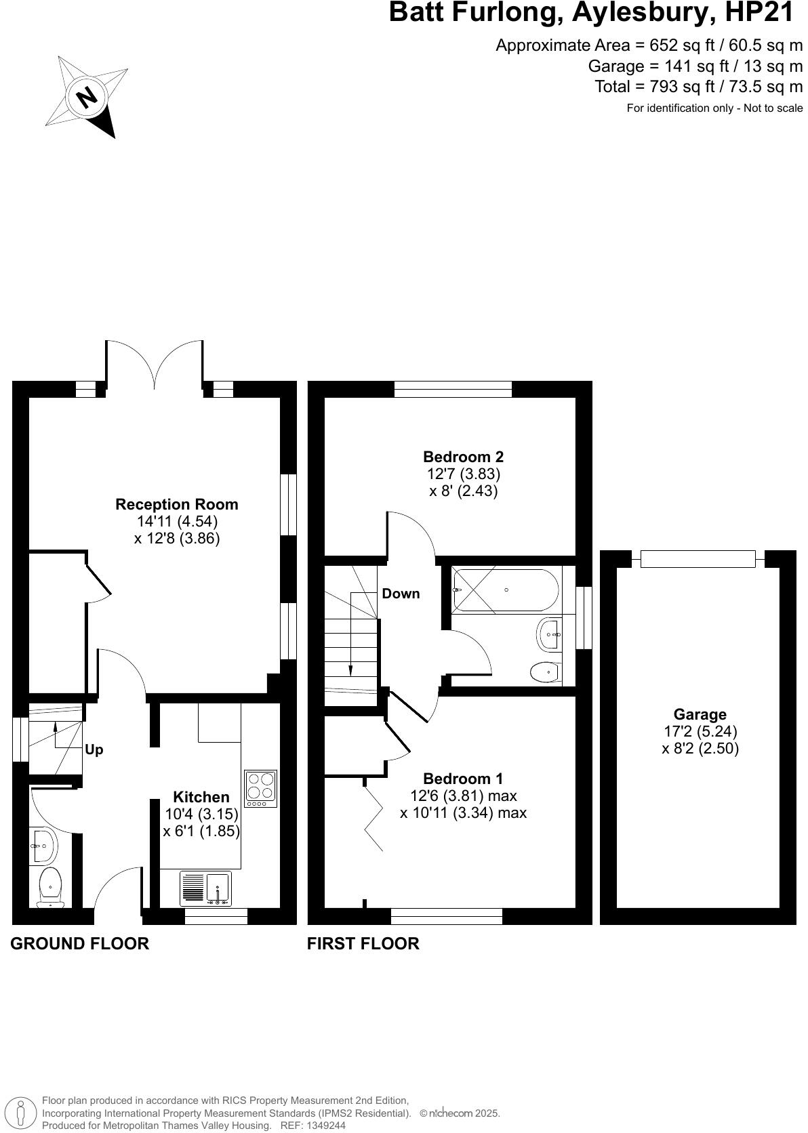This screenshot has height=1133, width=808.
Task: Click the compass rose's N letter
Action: [x=87, y=98]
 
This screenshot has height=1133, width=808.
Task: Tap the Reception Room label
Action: [x=177, y=504]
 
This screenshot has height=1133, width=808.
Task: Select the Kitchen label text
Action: [x=201, y=797]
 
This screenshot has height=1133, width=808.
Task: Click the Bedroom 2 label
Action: [x=464, y=457]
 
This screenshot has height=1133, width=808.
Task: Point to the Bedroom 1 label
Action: [x=463, y=779]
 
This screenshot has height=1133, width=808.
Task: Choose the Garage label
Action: [x=700, y=714]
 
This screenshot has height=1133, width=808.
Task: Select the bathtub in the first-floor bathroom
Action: [x=506, y=590]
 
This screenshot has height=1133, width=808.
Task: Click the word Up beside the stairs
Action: [x=94, y=750]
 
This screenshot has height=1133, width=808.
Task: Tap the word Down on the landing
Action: [x=401, y=594]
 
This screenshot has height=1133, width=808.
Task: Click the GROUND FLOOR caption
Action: [x=79, y=943]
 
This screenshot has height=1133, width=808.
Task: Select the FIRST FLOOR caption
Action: [x=363, y=943]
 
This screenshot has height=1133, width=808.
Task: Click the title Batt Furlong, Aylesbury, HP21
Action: [x=591, y=13]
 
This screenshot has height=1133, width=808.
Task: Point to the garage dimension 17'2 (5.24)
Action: [x=700, y=731]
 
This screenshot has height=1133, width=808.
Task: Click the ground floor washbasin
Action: [x=43, y=846]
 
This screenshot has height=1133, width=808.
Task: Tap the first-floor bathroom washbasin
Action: [x=549, y=634]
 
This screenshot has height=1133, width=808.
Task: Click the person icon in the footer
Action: [x=21, y=1113]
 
